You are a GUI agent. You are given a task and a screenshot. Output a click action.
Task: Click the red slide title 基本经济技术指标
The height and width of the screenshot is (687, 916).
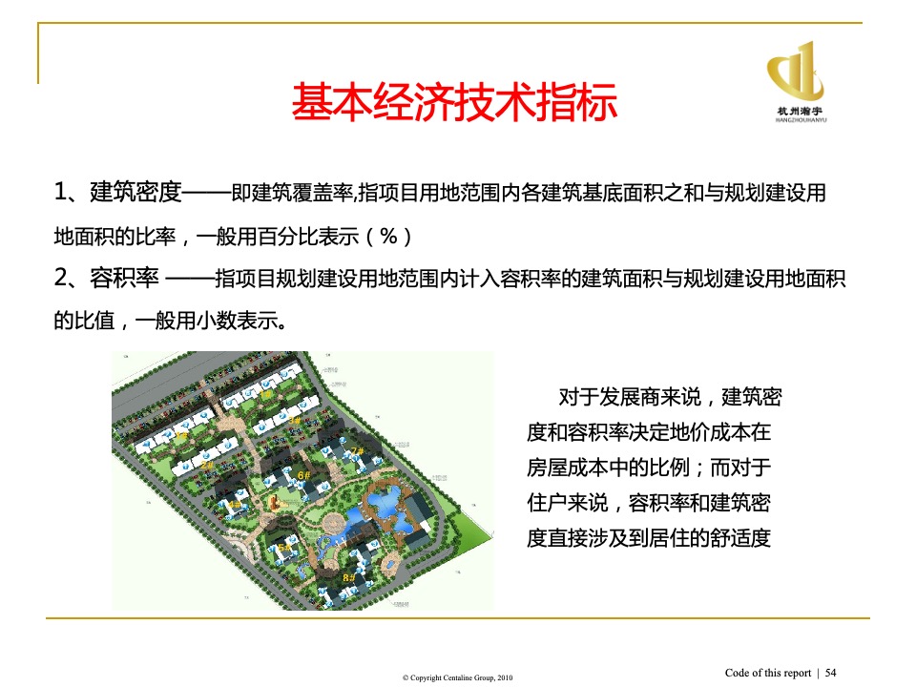coord(454,103)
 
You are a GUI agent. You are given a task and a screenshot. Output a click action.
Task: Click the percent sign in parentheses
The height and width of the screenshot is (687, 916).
coord(388,236)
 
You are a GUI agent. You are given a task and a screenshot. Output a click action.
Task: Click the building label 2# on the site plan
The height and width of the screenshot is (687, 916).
coord(208,465)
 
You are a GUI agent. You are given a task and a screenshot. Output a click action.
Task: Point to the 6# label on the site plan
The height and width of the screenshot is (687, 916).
coord(303,474)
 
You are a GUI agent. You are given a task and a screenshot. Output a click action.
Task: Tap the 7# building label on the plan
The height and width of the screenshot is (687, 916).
coord(357,450)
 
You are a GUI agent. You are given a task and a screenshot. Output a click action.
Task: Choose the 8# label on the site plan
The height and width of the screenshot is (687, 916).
coord(348,577)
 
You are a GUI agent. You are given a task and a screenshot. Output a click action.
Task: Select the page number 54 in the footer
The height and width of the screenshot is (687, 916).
coord(830,673)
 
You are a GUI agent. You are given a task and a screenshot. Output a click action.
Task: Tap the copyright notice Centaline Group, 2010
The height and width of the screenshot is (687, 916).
coord(457,677)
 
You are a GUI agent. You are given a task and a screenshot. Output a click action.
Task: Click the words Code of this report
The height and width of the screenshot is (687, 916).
coord(768,673)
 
